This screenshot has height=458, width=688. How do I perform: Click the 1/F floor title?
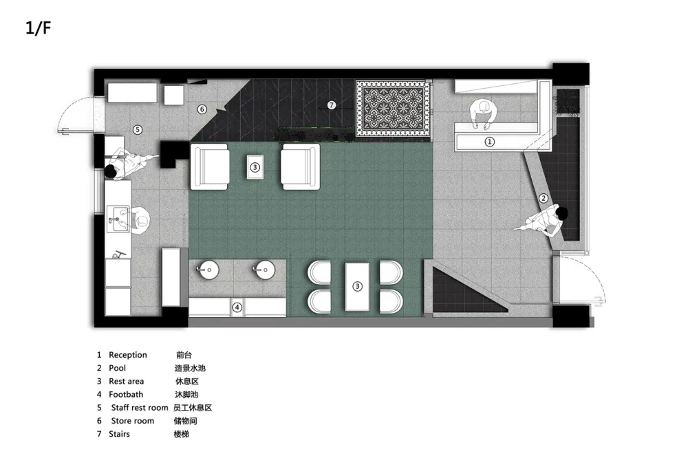(x=38, y=28)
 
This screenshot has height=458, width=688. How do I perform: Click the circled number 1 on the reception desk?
(x=489, y=141)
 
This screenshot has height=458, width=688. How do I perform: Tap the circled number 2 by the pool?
(x=544, y=198)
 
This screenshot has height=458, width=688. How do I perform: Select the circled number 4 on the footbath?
(x=237, y=307)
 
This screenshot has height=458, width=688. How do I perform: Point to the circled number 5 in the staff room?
(x=138, y=129)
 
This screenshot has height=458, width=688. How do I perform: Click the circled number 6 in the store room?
(x=202, y=109)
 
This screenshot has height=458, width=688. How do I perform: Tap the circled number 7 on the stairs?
(x=332, y=105)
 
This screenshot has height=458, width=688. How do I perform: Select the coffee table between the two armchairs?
(x=255, y=167)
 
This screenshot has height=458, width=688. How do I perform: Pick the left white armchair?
(x=210, y=166)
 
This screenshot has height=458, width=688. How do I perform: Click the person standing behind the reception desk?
(x=483, y=114)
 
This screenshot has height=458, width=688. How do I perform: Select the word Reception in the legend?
(x=128, y=355)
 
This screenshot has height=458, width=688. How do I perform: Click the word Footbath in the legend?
(x=126, y=395)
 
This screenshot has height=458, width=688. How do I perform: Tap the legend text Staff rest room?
(x=140, y=408)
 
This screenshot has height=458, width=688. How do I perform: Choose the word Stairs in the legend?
(x=119, y=434)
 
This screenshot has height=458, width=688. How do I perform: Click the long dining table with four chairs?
(x=357, y=287)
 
